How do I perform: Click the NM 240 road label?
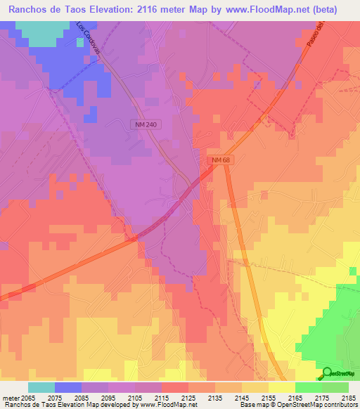coord(144,124)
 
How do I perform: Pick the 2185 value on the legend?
coord(348,398)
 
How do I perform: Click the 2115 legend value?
coord(161,398)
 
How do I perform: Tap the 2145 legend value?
coord(241,398)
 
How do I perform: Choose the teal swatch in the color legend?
coord(41,387)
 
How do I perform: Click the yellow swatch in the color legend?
coord(281,387)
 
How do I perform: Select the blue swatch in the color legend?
coord(68,387)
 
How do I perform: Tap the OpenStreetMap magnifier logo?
coord(327,373)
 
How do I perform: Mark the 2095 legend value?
coord(108,398)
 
